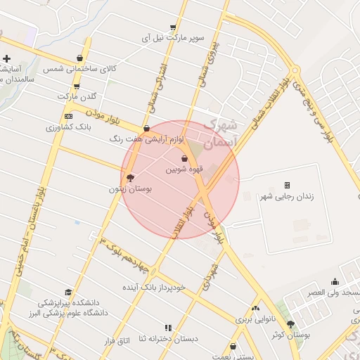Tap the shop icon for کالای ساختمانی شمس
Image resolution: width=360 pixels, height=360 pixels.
click(79, 58)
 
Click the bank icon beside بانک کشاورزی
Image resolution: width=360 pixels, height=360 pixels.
click(67, 116)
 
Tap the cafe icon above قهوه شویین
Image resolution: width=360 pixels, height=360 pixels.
click(185, 158)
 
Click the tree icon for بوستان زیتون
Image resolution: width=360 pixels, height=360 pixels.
click(129, 177)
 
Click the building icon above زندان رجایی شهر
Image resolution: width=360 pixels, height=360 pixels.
click(287, 185)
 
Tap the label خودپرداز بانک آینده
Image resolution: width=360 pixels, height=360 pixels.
click(154, 288)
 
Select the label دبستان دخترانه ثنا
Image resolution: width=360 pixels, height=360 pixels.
click(168, 339)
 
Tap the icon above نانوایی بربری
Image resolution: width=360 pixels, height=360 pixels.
click(255, 308)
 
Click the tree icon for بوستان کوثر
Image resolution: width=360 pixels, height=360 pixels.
click(290, 324)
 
